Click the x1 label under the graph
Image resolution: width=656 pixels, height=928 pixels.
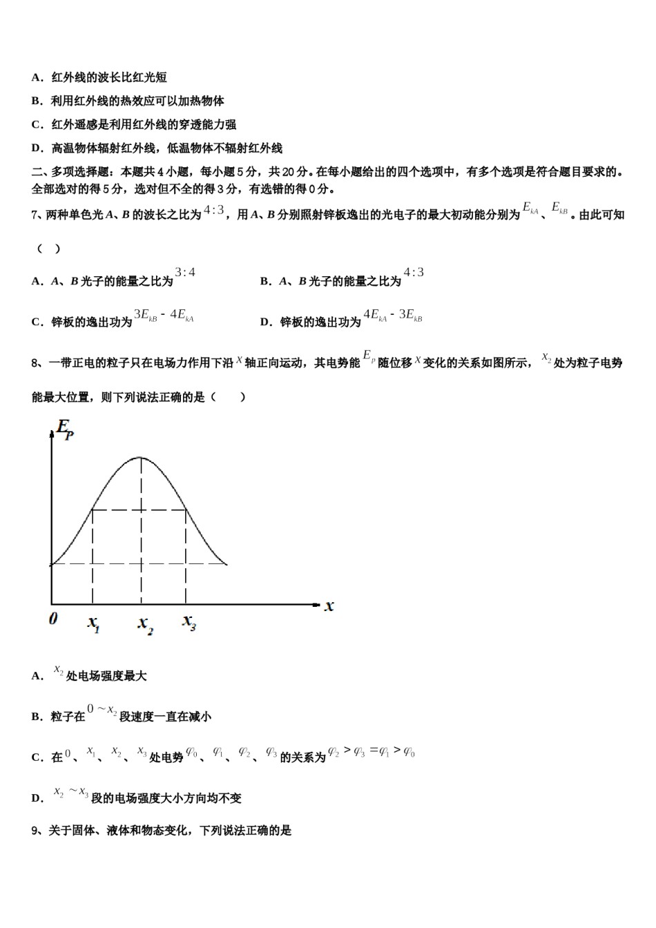[x=94, y=623]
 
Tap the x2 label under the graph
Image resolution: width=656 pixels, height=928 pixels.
[x=145, y=624]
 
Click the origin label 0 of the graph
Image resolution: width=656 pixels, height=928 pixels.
[x=53, y=619]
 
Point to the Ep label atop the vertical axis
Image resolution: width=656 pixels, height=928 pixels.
[x=65, y=429]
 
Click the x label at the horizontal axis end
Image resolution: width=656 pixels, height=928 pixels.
[x=329, y=606]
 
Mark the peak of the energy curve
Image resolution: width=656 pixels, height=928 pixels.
[x=141, y=458]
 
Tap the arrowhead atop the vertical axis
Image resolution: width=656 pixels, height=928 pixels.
[x=52, y=434]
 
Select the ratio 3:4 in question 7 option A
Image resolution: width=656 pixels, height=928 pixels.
[x=185, y=273]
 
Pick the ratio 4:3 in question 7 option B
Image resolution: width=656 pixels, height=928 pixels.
[x=414, y=273]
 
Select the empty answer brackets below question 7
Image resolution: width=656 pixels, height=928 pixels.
[x=48, y=249]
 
